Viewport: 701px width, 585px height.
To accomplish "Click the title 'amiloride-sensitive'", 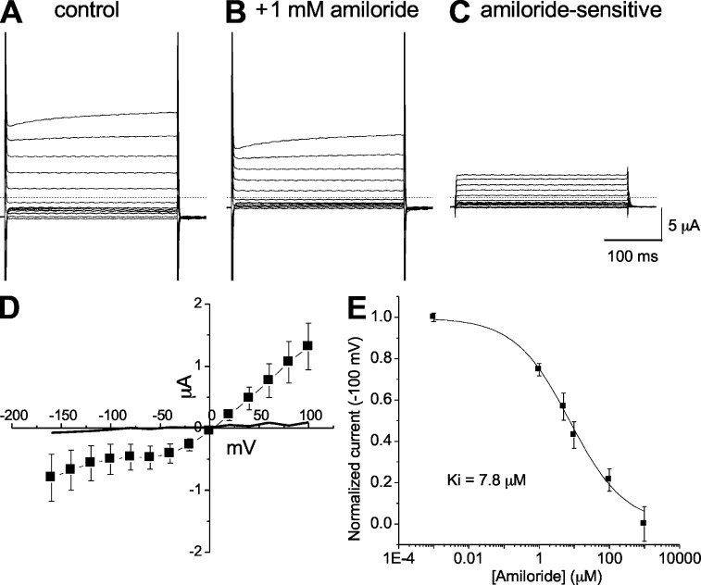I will pyautogui.click(x=557, y=17).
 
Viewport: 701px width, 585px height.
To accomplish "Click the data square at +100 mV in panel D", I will pyautogui.click(x=307, y=345).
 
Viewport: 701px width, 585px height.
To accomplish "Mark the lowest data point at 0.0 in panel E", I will pyautogui.click(x=643, y=523).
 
